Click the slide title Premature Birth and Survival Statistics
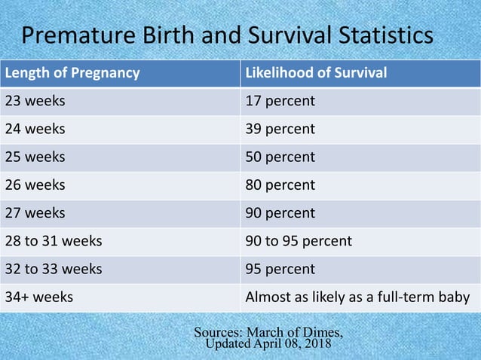pos(227,35)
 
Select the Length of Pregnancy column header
pos(72,73)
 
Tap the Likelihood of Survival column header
pos(317,73)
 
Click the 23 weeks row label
pos(35,101)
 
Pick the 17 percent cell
pos(280,101)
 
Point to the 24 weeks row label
pos(35,129)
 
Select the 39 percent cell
pos(280,129)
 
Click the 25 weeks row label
pos(35,157)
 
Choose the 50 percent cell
pos(280,157)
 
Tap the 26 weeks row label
pos(35,185)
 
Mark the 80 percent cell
pos(280,185)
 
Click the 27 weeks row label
pos(35,213)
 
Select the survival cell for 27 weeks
pos(280,213)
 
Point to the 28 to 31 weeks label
pos(54,241)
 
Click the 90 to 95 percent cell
pos(299,241)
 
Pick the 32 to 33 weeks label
pos(54,269)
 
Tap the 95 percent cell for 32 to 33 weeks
pos(280,269)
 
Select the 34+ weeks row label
pos(39,297)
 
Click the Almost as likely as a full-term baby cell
pos(358,297)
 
